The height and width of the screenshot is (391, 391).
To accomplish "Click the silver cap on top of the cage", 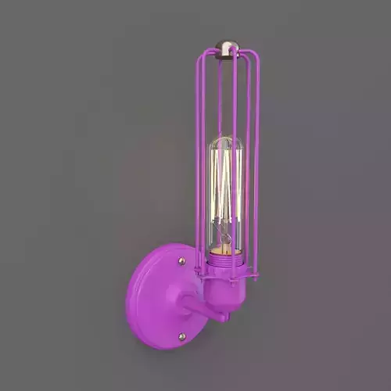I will (x=227, y=51).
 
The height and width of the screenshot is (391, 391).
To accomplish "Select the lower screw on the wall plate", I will (x=181, y=336).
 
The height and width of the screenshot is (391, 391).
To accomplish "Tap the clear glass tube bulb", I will (x=227, y=195).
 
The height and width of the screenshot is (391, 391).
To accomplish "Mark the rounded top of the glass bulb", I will (x=227, y=142).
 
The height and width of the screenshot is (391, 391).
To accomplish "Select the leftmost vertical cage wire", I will (x=199, y=156).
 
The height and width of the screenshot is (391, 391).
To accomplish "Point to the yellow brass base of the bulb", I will (x=227, y=249).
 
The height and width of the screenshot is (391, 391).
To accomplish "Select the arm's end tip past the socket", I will (x=224, y=317).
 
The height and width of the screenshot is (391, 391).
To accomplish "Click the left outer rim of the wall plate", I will (x=130, y=297).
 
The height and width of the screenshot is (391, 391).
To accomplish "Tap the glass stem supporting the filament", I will (x=227, y=227).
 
